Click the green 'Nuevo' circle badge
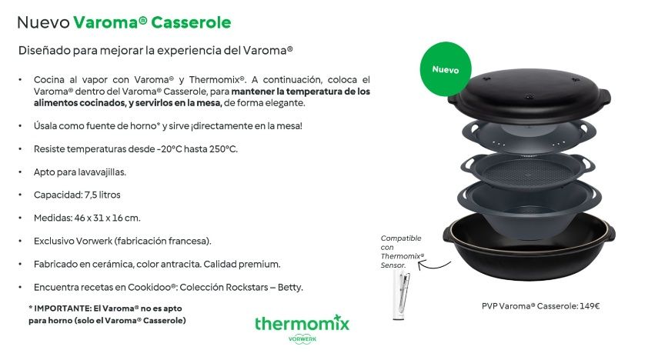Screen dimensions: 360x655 pos(446,69)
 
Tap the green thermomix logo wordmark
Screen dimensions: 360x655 pos(302,323)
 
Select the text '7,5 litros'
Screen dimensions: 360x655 pos(98,195)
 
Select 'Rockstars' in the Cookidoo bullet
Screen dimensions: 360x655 pos(233,288)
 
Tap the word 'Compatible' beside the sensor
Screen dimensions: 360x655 pos(400,238)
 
